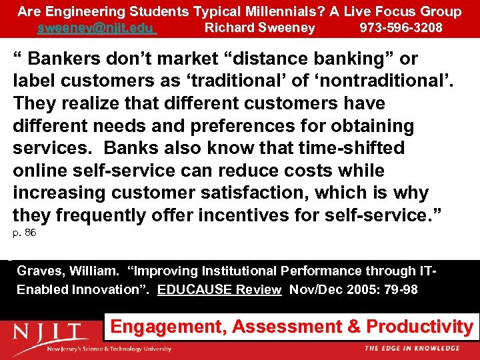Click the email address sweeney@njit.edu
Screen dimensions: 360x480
point(96,28)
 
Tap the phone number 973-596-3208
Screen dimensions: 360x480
point(401,28)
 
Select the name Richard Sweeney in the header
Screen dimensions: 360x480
point(259,28)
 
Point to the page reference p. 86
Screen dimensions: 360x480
point(25,233)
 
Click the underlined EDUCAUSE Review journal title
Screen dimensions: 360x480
point(219,290)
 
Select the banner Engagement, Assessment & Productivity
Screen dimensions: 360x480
point(291,327)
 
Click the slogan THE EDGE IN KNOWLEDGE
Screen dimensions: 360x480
point(411,348)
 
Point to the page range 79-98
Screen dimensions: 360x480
point(399,290)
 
